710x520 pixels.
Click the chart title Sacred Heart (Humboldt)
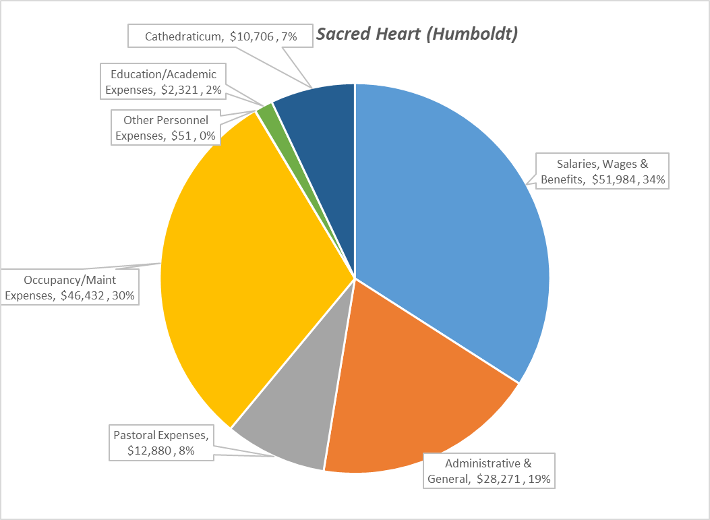point(417,34)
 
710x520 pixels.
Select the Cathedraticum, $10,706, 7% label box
point(221,36)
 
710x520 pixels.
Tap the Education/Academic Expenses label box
point(164,81)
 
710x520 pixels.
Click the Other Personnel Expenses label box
point(166,128)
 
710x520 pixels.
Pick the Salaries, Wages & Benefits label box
point(603,171)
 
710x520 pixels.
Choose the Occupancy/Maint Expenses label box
point(70,287)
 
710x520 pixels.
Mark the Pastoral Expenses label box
point(161,442)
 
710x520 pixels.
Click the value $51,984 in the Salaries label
point(614,179)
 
